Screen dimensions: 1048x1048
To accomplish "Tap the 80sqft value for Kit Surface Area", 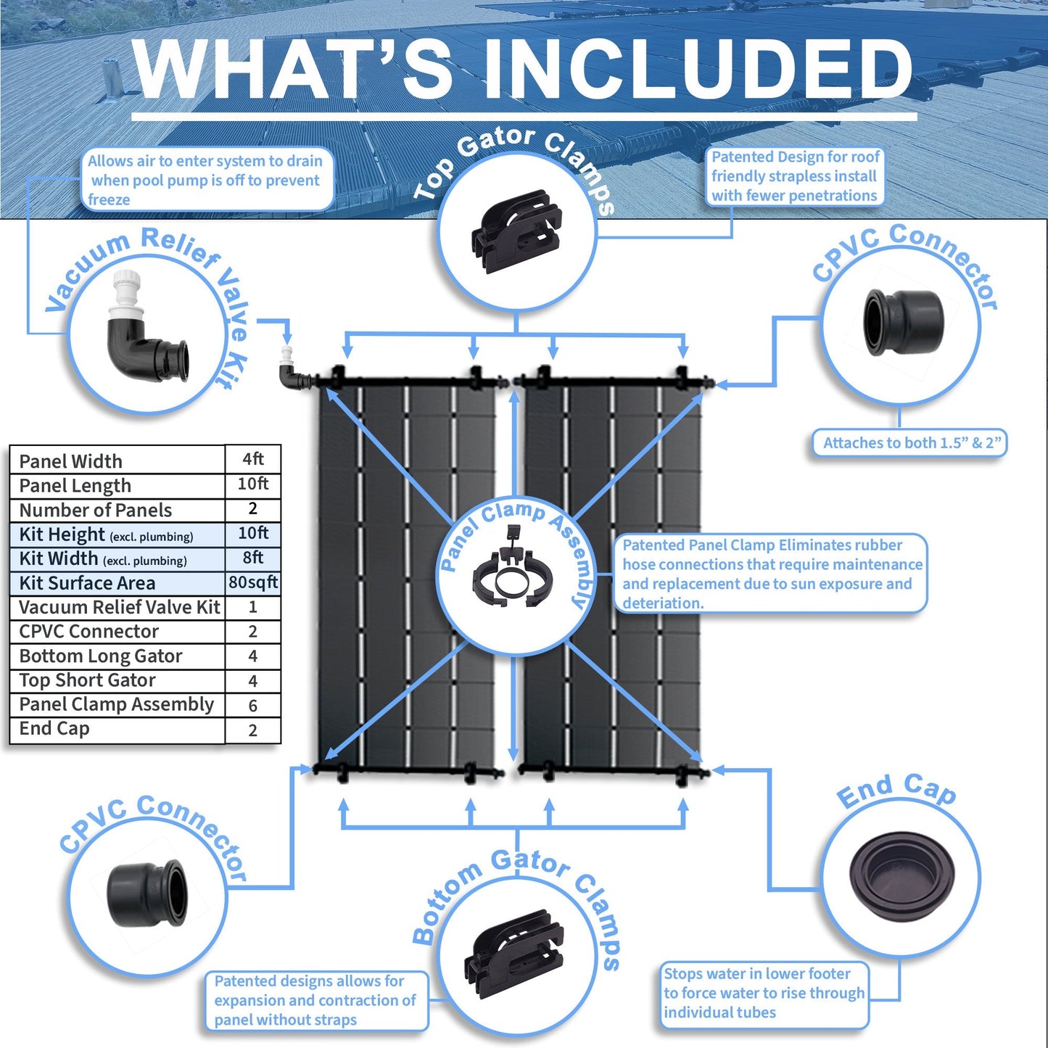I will (x=253, y=582).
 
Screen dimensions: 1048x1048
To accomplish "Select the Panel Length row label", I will (x=75, y=485).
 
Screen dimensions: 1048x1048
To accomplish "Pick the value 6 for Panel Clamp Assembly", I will (x=252, y=705).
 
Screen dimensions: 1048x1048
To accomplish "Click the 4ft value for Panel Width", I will (x=253, y=458).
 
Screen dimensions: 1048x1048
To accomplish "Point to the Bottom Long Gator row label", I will (x=101, y=656).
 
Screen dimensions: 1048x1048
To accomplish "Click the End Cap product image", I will (x=901, y=871).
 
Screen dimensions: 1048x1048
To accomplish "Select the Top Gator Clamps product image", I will (x=516, y=231).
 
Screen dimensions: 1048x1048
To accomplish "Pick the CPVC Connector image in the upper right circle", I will (x=903, y=322).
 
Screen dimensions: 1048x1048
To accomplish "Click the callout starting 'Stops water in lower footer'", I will (x=764, y=993).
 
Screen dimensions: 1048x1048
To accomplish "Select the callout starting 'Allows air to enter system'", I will (x=205, y=180).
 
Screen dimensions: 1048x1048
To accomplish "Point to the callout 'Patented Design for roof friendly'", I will (x=794, y=176).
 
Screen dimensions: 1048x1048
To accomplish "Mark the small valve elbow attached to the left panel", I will (x=291, y=373).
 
